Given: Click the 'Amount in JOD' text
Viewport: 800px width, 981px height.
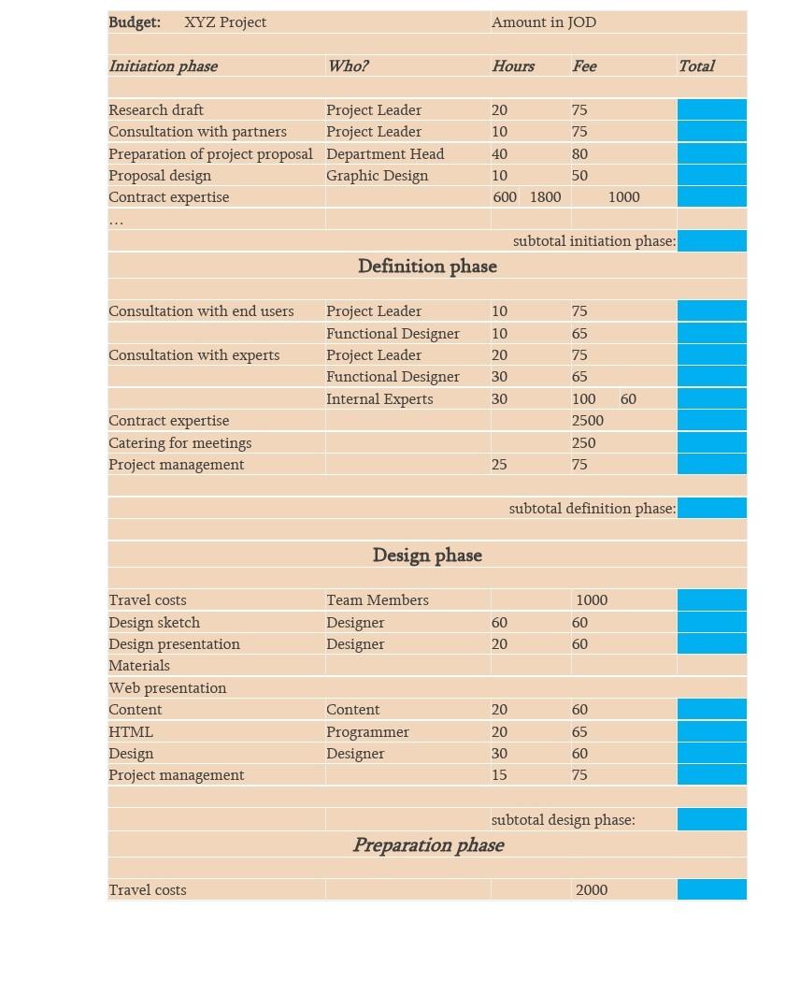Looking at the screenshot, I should (543, 22).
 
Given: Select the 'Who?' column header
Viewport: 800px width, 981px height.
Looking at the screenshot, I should (348, 65).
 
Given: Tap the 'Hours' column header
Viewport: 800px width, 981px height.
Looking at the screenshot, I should (513, 65).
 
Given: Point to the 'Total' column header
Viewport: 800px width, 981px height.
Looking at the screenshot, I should (696, 65).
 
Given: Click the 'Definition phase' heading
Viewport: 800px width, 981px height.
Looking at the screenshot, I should (427, 267).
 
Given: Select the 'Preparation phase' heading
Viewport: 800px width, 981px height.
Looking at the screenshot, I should (428, 845).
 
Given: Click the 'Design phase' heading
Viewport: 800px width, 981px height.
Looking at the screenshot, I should (427, 555).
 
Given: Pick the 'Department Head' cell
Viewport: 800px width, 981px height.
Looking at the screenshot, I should (385, 153).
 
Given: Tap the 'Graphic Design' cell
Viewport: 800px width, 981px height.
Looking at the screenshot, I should (377, 176).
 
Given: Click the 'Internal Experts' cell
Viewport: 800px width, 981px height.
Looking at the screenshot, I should (379, 399).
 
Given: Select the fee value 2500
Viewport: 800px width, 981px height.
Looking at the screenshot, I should (588, 421).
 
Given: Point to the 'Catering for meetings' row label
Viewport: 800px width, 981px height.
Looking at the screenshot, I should (179, 443).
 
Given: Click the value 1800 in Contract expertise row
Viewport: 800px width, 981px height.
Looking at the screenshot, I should (545, 197).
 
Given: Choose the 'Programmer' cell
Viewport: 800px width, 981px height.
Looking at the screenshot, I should (367, 732).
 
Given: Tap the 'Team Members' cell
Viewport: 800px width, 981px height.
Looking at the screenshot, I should (378, 600).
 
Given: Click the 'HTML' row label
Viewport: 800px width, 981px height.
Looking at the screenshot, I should (131, 732).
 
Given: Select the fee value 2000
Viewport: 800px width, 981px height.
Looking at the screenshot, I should (592, 890).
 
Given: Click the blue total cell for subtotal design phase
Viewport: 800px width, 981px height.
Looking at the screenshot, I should (711, 820).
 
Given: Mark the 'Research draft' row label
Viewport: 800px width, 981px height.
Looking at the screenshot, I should (156, 110).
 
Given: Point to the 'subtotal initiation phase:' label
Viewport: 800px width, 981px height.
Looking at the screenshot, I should (594, 241).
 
